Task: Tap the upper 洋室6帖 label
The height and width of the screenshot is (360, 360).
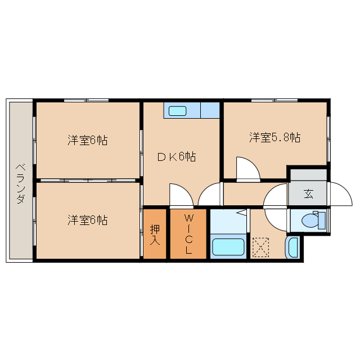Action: point(87,140)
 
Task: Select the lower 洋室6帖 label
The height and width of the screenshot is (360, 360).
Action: point(87,219)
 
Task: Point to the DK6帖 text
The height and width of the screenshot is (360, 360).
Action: point(176,157)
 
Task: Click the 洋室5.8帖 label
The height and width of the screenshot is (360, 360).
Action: point(275,137)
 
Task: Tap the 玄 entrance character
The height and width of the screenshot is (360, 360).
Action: point(308,194)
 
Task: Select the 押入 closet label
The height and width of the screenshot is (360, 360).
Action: point(155,234)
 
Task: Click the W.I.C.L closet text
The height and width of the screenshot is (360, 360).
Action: point(188,234)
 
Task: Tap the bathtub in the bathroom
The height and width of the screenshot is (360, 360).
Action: point(227,247)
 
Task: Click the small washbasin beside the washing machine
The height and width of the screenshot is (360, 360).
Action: point(292,248)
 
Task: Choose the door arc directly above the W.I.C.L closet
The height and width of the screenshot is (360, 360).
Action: point(181,195)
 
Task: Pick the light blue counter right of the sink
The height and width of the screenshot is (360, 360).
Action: point(210,110)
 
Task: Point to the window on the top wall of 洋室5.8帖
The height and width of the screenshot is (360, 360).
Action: point(274,100)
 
